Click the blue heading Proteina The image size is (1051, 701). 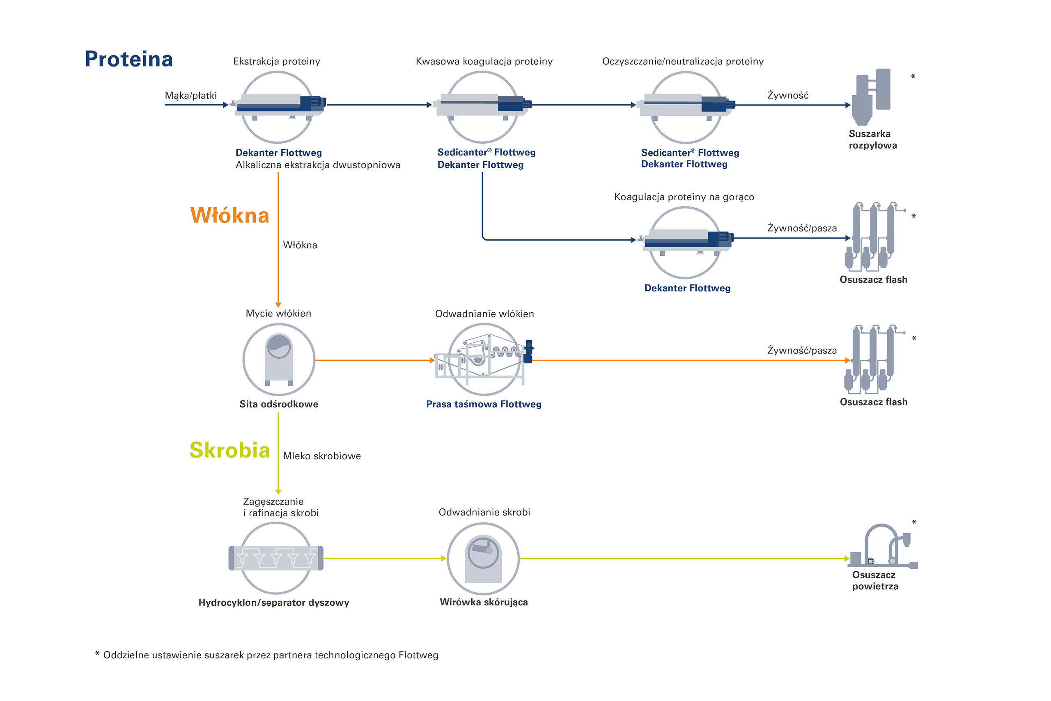[x=129, y=60]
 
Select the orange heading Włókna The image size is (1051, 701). [x=229, y=215]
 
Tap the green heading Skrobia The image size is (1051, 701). [x=229, y=450]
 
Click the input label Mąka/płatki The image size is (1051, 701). [x=190, y=95]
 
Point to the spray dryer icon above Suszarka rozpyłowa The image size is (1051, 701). [x=870, y=96]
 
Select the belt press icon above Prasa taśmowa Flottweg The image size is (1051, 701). [x=484, y=360]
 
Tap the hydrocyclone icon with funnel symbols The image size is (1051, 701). [x=276, y=558]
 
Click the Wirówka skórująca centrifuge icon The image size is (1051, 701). [x=483, y=559]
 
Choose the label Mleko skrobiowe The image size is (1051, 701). [x=321, y=456]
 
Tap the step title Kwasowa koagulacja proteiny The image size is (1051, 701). [x=484, y=61]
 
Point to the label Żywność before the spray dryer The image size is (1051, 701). [x=787, y=95]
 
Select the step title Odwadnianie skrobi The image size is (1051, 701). [x=484, y=512]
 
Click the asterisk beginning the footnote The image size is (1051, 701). [x=97, y=655]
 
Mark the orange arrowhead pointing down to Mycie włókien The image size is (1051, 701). [x=278, y=305]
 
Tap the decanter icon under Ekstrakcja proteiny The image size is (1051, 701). [x=278, y=105]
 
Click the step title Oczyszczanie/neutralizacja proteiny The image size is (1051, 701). [x=682, y=61]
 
